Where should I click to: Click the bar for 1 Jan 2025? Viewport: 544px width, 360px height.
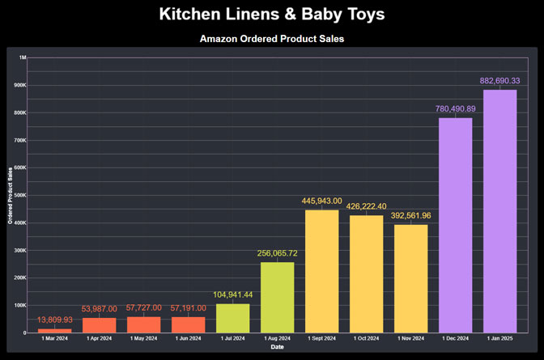(x=499, y=210)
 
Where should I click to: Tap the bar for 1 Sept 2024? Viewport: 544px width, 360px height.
(x=321, y=271)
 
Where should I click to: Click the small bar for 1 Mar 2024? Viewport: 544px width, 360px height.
(x=54, y=330)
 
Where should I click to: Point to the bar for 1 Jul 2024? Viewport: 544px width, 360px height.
(x=232, y=318)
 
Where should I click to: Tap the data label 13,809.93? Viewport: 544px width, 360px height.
(x=54, y=320)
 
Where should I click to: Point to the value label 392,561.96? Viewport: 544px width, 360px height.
(x=410, y=216)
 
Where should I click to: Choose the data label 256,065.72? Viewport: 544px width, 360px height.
(x=277, y=253)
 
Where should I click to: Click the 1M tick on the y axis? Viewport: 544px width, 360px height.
(x=23, y=57)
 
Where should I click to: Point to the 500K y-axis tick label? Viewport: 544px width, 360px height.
(x=20, y=195)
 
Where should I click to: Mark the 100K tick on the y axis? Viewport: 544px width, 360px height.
(x=20, y=305)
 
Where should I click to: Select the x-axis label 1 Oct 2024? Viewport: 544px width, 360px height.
(x=366, y=338)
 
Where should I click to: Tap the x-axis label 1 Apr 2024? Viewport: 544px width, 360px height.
(x=99, y=338)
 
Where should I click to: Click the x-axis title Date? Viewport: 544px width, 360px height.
(x=278, y=347)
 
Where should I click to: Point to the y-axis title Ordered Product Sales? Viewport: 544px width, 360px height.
(x=10, y=196)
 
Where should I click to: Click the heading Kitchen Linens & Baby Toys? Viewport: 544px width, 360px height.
(x=272, y=15)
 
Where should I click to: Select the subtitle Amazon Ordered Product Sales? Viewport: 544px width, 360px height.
(x=272, y=39)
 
